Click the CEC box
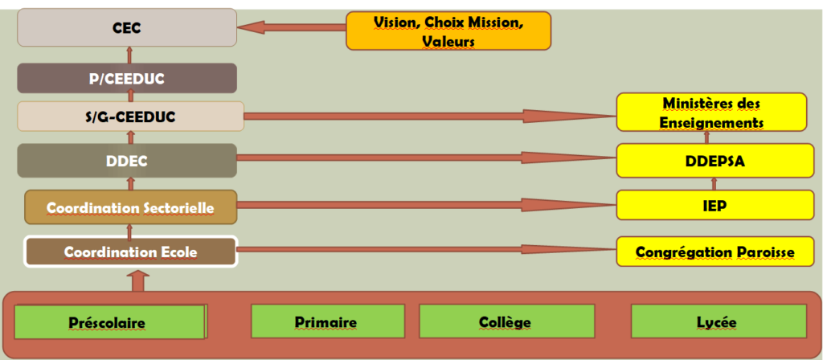[128, 27]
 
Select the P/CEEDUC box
[128, 78]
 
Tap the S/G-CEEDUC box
[130, 117]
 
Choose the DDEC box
[127, 161]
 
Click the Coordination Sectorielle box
[130, 207]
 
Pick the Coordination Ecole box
[130, 252]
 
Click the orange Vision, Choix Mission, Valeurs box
[448, 31]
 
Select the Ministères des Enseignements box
[711, 112]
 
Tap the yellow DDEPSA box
[711, 161]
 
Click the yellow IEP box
[711, 205]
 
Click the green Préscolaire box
[111, 321]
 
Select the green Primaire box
[326, 321]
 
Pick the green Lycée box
[717, 321]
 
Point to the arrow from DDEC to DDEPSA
[426, 158]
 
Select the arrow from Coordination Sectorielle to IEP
[426, 205]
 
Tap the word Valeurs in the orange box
[448, 40]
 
